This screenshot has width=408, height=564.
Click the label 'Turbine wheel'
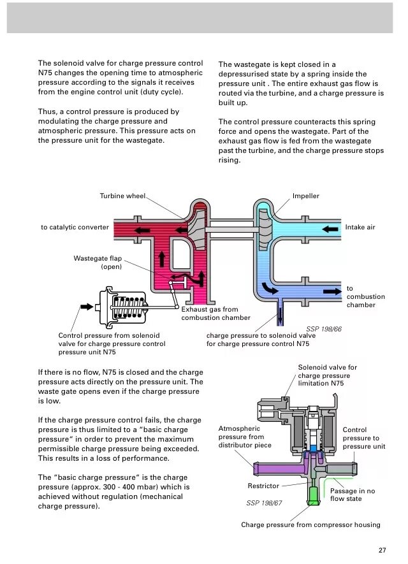[122, 196]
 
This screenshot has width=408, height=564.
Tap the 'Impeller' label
[305, 196]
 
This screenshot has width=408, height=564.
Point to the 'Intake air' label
[360, 227]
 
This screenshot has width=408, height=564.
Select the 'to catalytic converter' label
[75, 227]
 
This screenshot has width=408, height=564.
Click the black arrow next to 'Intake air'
[330, 228]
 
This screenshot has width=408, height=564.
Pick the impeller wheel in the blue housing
[264, 227]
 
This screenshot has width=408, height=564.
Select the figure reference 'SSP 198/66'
[324, 329]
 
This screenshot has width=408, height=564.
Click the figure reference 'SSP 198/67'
[264, 503]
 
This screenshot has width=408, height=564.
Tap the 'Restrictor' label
[263, 486]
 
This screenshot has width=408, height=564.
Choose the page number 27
[382, 550]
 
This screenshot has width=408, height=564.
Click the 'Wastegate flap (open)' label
[98, 263]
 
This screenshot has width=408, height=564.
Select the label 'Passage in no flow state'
[353, 495]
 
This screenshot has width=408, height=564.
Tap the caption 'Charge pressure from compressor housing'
[310, 524]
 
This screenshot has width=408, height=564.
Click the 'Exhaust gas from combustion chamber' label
[215, 313]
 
